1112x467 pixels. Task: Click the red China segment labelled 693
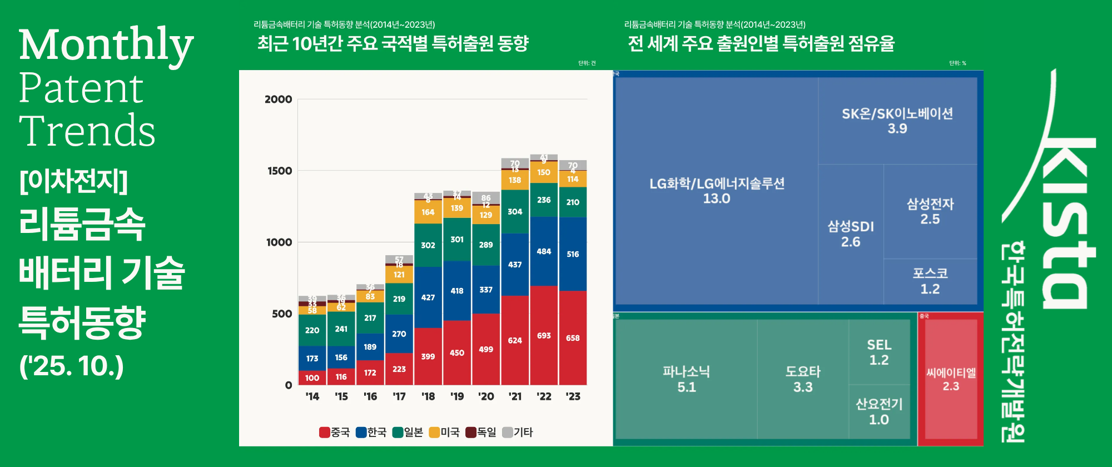click(x=544, y=335)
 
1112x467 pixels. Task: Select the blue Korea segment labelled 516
click(x=573, y=254)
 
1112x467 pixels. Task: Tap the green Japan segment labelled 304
click(x=515, y=211)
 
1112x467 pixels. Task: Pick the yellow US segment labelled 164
click(x=428, y=212)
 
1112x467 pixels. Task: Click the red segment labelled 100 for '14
click(x=312, y=377)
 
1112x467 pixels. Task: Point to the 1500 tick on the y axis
click(x=280, y=171)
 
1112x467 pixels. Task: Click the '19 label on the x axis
click(x=457, y=396)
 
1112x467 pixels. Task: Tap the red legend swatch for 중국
click(x=325, y=432)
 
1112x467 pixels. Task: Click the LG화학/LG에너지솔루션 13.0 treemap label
click(x=717, y=191)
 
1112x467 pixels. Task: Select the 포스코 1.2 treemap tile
click(x=930, y=281)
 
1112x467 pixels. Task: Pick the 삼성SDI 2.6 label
click(x=851, y=233)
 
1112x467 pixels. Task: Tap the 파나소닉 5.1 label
click(x=686, y=379)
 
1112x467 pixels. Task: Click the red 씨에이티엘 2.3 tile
click(x=951, y=379)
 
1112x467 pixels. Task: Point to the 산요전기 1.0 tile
click(x=879, y=411)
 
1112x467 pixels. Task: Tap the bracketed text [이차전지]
click(x=73, y=181)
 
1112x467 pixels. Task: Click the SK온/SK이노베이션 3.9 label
click(x=897, y=121)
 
